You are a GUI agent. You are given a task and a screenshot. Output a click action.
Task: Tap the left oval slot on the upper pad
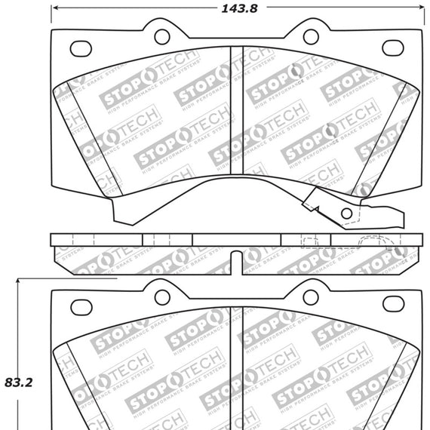81,48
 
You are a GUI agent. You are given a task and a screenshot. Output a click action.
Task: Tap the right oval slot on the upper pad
393,48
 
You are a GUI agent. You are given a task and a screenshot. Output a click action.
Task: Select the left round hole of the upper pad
161,35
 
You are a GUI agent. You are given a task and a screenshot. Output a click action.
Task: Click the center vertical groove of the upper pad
237,113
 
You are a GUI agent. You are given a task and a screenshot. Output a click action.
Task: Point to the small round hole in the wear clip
346,213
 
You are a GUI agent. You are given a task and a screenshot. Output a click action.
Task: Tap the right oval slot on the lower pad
393,304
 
